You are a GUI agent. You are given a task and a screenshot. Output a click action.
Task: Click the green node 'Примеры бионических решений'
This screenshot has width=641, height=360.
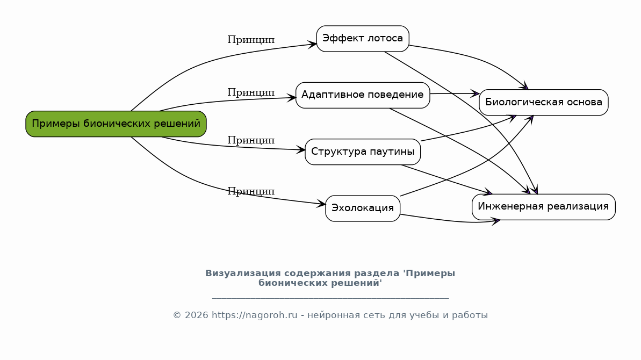pyautogui.click(x=116, y=124)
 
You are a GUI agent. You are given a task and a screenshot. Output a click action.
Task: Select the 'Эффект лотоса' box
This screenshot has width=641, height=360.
pyautogui.click(x=363, y=39)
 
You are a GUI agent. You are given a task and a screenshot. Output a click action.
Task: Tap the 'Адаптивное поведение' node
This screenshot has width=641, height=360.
pyautogui.click(x=363, y=95)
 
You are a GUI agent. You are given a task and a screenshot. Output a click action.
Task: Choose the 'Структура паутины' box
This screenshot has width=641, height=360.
pyautogui.click(x=363, y=152)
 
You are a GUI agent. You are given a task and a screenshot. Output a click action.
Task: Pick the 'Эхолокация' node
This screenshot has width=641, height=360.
pyautogui.click(x=363, y=208)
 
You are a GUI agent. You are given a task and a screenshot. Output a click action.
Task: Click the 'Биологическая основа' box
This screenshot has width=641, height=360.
pyautogui.click(x=544, y=103)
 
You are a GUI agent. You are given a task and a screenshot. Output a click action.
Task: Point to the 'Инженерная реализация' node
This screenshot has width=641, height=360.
pyautogui.click(x=544, y=207)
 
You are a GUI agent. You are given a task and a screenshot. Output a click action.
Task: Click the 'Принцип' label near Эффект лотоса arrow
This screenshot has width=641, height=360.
pyautogui.click(x=251, y=40)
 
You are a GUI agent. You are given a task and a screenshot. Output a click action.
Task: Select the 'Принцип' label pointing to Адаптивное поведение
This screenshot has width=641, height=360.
pyautogui.click(x=251, y=93)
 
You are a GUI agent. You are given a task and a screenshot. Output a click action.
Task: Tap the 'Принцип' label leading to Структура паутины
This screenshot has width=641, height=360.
pyautogui.click(x=251, y=141)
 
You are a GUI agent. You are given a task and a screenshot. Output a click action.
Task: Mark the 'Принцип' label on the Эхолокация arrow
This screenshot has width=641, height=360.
pyautogui.click(x=251, y=192)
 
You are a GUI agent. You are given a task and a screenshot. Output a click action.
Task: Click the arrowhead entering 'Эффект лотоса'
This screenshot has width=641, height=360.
pyautogui.click(x=312, y=45)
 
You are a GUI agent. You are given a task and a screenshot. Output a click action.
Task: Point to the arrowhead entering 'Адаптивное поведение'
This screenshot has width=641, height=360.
pyautogui.click(x=291, y=98)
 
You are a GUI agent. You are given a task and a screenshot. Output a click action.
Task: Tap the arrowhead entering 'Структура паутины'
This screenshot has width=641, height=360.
pyautogui.click(x=300, y=150)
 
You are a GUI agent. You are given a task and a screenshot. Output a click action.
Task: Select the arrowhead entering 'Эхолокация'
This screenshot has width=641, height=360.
pyautogui.click(x=321, y=204)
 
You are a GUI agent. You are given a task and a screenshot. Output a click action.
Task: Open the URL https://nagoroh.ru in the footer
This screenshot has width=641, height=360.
pyautogui.click(x=254, y=315)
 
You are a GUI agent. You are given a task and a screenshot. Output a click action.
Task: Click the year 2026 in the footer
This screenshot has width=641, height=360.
pyautogui.click(x=196, y=315)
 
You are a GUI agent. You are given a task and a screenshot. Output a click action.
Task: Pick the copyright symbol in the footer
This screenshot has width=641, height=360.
pyautogui.click(x=177, y=315)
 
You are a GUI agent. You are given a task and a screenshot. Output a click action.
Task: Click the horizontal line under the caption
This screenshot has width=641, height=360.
pyautogui.click(x=330, y=298)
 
